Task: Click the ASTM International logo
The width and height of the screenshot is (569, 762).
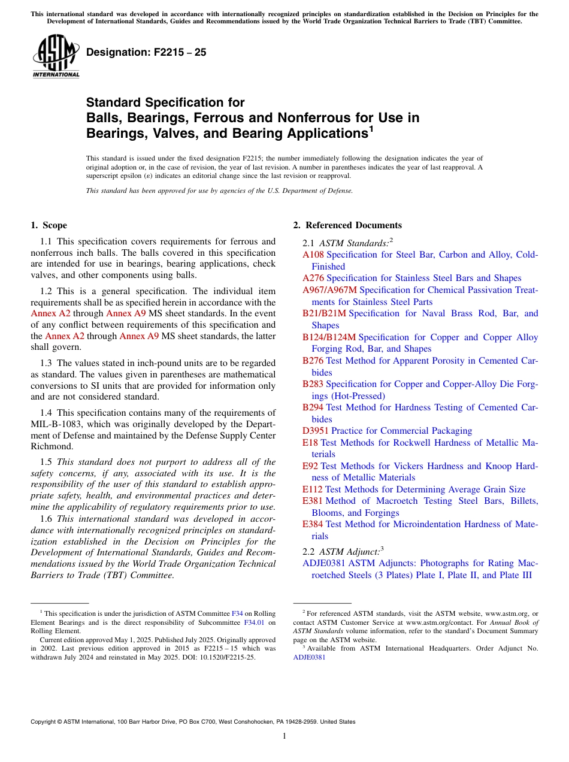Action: [x=55, y=56]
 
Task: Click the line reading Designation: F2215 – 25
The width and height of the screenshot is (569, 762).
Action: [x=146, y=52]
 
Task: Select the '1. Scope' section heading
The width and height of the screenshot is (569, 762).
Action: [x=49, y=225]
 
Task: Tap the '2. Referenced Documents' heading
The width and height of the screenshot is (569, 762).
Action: [x=347, y=225]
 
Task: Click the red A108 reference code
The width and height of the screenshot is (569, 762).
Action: [x=313, y=255]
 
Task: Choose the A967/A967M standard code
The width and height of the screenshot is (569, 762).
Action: [x=329, y=290]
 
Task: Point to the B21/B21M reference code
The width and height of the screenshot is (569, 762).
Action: [x=324, y=313]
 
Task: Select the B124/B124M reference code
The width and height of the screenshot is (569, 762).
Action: [x=329, y=337]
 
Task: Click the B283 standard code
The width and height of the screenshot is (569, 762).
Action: [x=313, y=384]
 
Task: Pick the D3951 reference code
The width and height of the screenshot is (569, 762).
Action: [x=316, y=431]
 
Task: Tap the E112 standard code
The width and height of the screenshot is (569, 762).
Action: [x=312, y=489]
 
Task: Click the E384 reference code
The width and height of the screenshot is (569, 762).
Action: [x=313, y=524]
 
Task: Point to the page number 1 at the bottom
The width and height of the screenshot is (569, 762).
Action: [x=284, y=736]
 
